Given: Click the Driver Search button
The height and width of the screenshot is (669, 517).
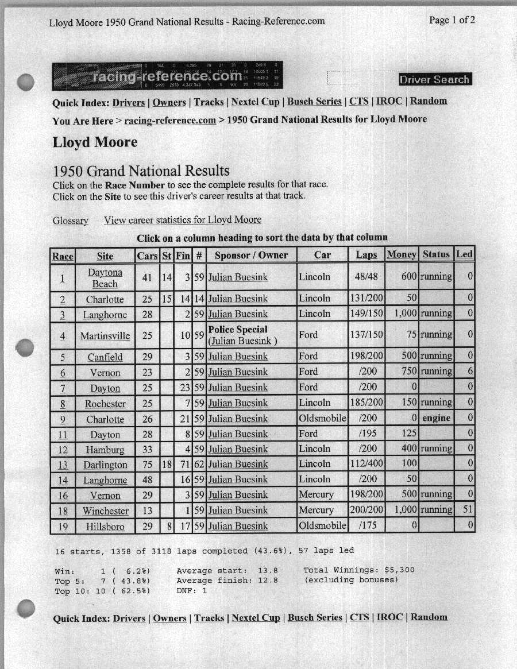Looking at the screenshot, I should coord(435,80).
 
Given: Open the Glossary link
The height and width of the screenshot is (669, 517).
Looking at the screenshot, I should coord(70,221).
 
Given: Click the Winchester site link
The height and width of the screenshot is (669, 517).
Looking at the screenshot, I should coord(105,511).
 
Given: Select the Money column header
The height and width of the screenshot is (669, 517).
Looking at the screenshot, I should coord(402,255).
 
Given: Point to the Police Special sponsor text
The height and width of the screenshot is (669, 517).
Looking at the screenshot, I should coord(238,330).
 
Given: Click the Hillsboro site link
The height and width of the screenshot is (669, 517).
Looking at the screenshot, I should coord(105,526).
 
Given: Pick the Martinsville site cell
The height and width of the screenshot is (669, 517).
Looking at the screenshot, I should coord(105,335).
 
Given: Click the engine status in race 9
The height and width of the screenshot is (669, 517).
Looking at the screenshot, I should coord(436,418).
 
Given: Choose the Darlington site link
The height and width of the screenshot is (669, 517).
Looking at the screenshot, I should coord(105,465).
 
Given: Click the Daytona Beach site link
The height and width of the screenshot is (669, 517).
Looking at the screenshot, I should coord(105,278).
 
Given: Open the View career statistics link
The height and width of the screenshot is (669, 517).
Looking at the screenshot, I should coord(183,220).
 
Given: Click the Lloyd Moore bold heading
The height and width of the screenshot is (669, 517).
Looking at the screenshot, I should coord(95,142).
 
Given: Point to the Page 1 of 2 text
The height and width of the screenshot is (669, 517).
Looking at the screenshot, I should coord(452,20).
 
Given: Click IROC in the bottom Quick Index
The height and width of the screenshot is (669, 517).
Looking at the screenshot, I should coord(389,617).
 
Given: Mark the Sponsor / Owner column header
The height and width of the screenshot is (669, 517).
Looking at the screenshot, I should coord(251,255).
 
